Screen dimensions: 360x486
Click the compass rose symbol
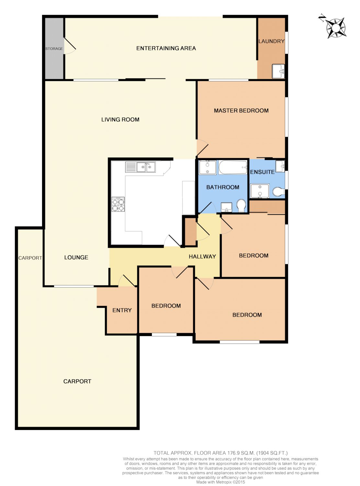coord(335,28)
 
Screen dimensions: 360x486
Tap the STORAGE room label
coord(54,49)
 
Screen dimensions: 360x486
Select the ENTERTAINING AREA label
coord(166,48)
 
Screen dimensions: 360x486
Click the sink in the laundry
coord(278,71)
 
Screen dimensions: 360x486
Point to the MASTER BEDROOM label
coord(241,111)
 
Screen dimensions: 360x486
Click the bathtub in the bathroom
coord(233,168)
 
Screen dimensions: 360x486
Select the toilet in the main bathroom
coord(241,205)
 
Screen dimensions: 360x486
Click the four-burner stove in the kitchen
coord(118,204)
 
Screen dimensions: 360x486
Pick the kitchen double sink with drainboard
coord(141,167)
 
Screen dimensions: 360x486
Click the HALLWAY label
coord(202,256)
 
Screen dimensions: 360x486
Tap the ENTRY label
coord(122,310)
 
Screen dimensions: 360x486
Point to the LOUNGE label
coord(76,257)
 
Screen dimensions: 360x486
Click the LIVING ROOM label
coord(120,120)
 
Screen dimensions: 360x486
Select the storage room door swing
coord(70,46)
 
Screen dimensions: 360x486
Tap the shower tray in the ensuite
coord(260,191)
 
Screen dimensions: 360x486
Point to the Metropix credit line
coord(220,482)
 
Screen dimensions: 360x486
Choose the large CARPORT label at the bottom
coord(77,381)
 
